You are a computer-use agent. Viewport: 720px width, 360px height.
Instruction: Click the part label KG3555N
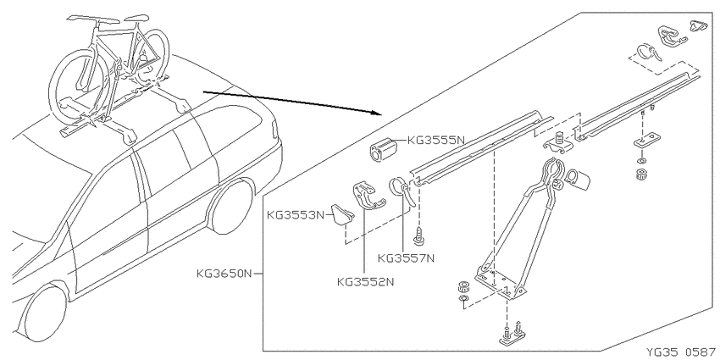[x=435, y=141]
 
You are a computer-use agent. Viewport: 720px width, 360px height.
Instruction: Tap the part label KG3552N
[x=366, y=281]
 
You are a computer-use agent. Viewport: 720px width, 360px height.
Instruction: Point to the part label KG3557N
[x=406, y=258]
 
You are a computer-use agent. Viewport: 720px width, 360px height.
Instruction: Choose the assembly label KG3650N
[x=224, y=274]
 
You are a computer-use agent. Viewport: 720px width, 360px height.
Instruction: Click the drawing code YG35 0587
[x=680, y=352]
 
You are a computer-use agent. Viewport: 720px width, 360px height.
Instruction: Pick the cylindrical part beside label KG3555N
[x=385, y=149]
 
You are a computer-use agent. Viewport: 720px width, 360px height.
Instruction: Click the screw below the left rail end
[x=418, y=235]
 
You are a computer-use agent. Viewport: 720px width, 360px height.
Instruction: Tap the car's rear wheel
[x=230, y=206]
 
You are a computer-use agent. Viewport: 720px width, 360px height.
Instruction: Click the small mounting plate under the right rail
[x=647, y=140]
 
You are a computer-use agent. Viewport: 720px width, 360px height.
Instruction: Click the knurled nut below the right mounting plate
[x=640, y=175]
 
